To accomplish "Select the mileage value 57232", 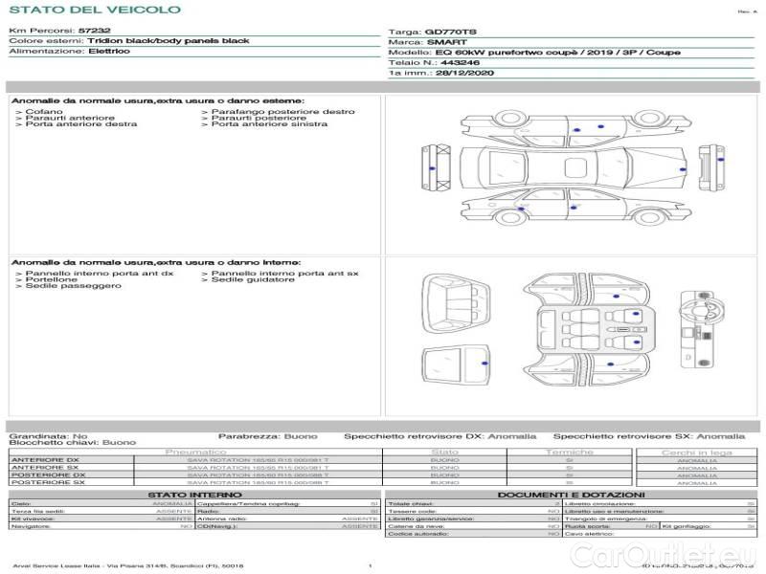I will click(x=95, y=31).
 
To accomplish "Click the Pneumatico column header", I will click(x=195, y=452).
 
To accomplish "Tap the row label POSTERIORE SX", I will click(x=47, y=483).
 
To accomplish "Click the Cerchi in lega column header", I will click(x=696, y=452).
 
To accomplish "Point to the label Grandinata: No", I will click(x=48, y=435).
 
